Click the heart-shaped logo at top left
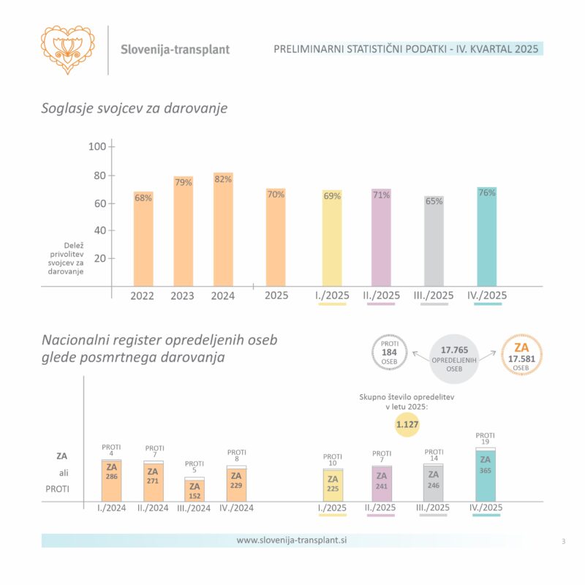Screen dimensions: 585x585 67,49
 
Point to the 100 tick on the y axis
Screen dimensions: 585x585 97,147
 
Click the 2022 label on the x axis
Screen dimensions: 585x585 142,295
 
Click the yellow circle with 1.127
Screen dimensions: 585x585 407,423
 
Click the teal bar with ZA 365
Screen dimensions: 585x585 483,475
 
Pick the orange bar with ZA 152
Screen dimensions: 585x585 195,490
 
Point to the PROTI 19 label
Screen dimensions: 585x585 485,438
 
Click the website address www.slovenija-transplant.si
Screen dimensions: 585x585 292,540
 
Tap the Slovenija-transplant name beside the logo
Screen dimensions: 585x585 175,50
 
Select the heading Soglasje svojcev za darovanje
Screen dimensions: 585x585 135,108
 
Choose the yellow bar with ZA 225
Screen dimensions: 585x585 333,485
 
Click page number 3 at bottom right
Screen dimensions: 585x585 563,541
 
